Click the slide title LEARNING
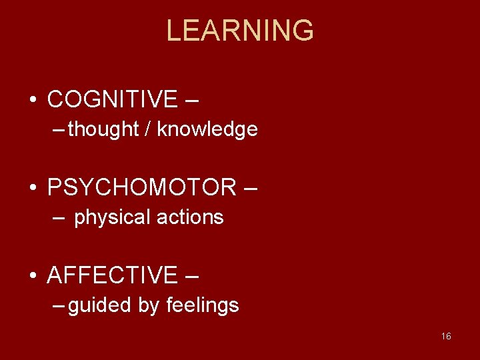[240, 31]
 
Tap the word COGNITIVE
[113, 99]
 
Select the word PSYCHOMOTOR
[142, 187]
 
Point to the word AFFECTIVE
[113, 275]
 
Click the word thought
[103, 129]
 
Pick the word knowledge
[207, 129]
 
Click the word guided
[100, 305]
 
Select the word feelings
[203, 305]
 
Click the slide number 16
[446, 336]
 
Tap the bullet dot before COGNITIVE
[33, 100]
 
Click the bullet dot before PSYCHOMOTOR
[33, 188]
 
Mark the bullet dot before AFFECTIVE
[33, 275]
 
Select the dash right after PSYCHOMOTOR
[249, 189]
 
